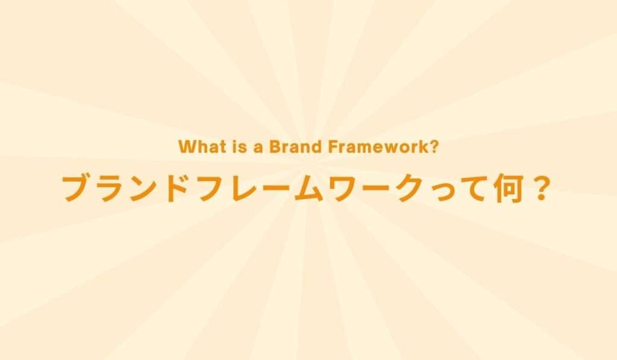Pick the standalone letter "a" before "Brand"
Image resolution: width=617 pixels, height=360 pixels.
coord(257,148)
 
